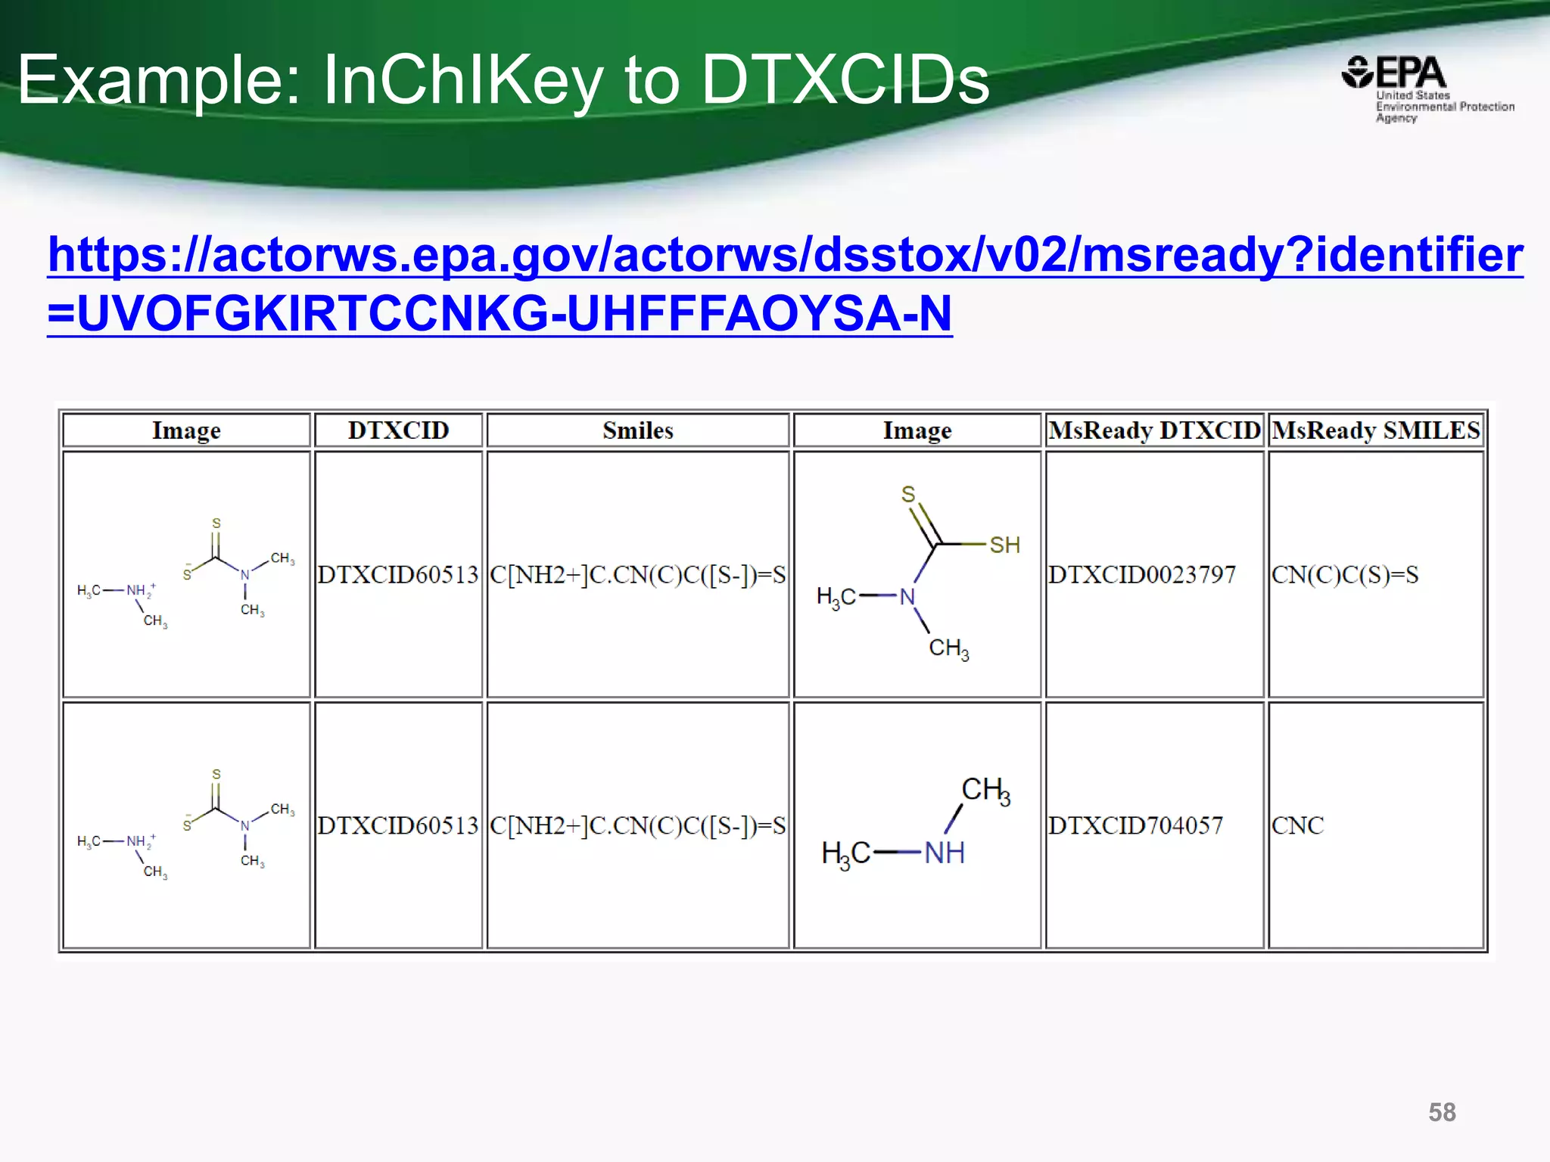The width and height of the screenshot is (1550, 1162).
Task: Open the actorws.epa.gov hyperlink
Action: (785, 255)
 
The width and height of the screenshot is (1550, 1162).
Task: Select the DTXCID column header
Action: (398, 430)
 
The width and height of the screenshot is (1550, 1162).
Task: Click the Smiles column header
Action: (637, 430)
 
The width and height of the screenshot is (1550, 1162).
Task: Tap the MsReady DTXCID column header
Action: (1154, 430)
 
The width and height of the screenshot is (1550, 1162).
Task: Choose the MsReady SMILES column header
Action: (1375, 430)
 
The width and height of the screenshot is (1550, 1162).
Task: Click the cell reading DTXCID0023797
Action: (1141, 575)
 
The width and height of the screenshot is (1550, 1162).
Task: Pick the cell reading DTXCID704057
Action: (1135, 825)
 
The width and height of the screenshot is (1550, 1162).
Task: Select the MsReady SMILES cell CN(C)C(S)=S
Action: (1345, 575)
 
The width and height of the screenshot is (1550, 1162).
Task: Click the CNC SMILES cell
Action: (1297, 825)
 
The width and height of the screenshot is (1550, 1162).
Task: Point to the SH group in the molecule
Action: (1004, 545)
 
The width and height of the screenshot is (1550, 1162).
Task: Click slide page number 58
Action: (1442, 1112)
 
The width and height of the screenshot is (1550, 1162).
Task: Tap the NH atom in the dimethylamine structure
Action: (944, 853)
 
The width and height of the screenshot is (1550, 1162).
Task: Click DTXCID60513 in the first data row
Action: (398, 575)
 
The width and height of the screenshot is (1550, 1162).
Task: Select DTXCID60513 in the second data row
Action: (398, 825)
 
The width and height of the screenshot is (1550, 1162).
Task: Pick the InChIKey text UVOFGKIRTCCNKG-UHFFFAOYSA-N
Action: (515, 314)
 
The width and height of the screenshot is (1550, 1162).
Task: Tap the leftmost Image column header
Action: (186, 430)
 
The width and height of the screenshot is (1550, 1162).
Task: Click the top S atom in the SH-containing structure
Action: (908, 494)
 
